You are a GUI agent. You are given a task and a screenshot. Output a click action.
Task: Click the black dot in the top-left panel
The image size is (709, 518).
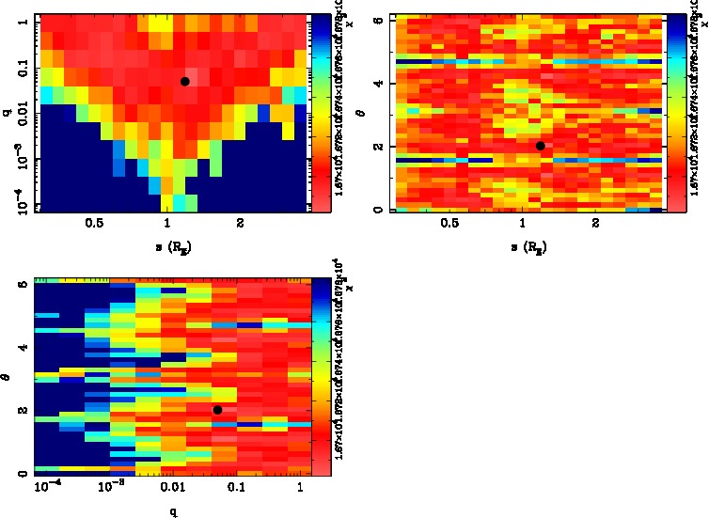click(185, 82)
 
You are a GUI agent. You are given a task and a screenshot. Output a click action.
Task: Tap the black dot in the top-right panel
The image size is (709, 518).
click(540, 146)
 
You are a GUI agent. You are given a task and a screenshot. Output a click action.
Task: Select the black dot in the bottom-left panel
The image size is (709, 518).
click(217, 410)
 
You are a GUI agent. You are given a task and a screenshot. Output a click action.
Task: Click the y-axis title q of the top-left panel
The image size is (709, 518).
click(7, 114)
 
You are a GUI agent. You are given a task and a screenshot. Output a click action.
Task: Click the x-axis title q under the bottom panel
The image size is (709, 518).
click(173, 512)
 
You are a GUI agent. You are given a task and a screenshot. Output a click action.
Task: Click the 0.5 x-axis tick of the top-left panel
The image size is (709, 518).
click(94, 225)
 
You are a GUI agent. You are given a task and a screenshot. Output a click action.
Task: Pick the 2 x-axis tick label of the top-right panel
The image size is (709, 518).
click(596, 225)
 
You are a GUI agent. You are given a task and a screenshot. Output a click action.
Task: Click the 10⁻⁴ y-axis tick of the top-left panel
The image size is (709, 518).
click(19, 203)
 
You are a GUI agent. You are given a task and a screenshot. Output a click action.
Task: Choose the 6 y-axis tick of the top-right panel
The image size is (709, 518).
click(376, 19)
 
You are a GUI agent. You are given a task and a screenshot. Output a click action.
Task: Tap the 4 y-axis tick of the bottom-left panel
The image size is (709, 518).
click(23, 348)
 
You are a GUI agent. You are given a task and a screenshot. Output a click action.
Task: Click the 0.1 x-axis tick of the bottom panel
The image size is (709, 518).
click(235, 488)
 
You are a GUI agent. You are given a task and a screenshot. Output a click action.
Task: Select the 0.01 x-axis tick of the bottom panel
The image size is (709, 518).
click(172, 488)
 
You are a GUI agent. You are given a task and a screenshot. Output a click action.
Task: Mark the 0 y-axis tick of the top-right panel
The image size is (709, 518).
click(376, 209)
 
